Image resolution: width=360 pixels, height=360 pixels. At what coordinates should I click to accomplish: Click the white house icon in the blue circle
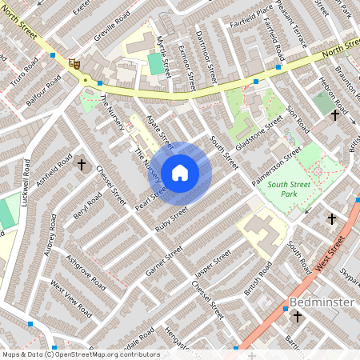click(x=180, y=172)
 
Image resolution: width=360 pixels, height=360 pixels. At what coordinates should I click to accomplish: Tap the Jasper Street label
click(x=213, y=263)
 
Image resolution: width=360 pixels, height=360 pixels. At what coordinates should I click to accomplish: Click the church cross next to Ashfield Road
click(x=81, y=165)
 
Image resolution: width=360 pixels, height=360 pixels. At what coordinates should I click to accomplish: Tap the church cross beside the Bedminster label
click(x=297, y=317)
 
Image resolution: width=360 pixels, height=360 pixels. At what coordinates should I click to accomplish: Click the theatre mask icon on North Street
click(x=75, y=64)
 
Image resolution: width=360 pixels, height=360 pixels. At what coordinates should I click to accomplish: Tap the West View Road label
click(x=67, y=296)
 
